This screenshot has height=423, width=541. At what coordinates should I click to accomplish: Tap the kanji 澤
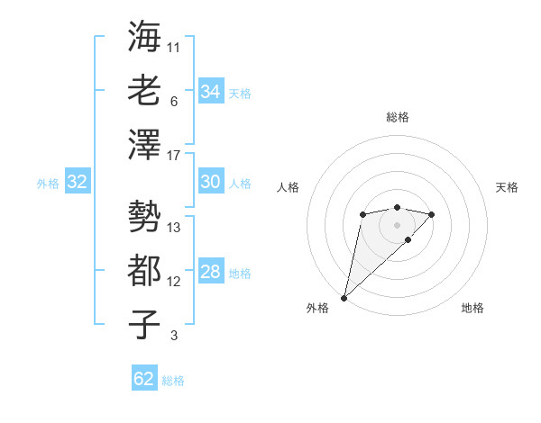(144, 144)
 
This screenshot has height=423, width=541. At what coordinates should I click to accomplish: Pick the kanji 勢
(144, 215)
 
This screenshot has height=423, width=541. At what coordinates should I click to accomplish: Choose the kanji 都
(144, 269)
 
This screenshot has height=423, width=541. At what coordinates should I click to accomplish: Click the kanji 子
(144, 324)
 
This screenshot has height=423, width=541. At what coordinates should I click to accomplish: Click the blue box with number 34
(210, 91)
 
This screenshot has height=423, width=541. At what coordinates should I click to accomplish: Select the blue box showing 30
(210, 182)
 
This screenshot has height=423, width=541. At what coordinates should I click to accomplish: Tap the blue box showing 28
(210, 273)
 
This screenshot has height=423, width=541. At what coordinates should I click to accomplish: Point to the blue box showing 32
(77, 183)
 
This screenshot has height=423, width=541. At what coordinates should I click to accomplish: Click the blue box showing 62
(144, 379)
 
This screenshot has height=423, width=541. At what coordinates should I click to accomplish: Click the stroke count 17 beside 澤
(174, 156)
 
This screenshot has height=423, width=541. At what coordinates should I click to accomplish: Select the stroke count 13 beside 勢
(174, 227)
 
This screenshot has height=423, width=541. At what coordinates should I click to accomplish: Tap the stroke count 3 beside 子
(174, 336)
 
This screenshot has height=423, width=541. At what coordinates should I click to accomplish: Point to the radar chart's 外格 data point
(344, 297)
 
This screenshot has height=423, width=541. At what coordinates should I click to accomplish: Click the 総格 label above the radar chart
(397, 117)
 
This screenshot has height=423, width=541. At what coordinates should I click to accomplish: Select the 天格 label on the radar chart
(507, 187)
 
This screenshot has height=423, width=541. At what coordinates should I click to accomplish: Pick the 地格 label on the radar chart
(472, 308)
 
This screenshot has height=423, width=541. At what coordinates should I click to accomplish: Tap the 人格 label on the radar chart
(289, 187)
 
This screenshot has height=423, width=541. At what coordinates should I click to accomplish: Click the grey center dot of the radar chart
(397, 224)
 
